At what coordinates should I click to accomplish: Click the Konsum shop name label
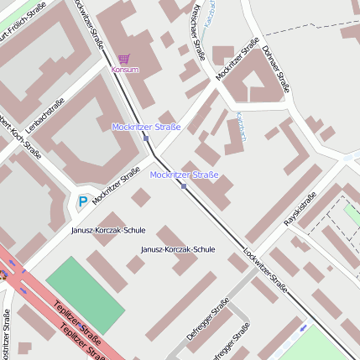tap(124, 70)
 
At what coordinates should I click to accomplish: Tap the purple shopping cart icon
tap(124, 59)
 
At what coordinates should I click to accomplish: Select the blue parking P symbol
tap(82, 201)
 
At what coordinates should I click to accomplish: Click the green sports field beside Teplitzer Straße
tap(84, 297)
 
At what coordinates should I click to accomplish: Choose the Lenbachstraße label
tap(45, 116)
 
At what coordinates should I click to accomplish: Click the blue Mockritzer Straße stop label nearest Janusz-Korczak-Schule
tap(184, 175)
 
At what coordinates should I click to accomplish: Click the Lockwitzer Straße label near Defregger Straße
tap(265, 274)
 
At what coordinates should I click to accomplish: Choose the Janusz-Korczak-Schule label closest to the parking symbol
tap(108, 229)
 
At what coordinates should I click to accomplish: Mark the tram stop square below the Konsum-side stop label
tap(146, 138)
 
